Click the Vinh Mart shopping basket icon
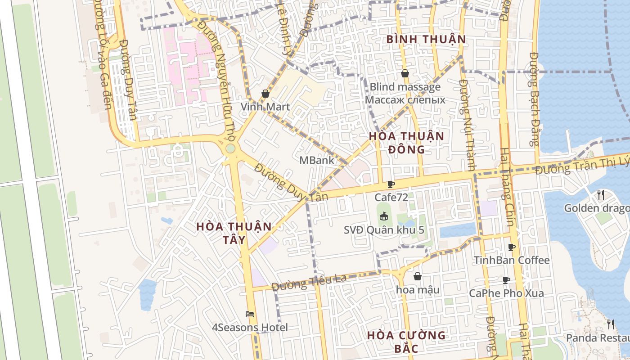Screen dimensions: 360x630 265,94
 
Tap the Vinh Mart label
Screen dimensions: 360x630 265,107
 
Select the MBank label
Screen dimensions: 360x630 317,160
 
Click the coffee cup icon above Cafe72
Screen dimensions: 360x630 391,184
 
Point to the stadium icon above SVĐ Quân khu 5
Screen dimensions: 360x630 383,217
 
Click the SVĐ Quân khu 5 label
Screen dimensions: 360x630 384,230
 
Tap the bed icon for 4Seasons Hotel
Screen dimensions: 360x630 250,314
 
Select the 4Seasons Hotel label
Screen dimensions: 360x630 250,327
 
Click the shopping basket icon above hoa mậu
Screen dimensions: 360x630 418,276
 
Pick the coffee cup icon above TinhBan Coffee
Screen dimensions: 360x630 511,247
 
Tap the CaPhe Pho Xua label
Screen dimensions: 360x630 506,293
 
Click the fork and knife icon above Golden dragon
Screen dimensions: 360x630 601,194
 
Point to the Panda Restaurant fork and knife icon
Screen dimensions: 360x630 611,324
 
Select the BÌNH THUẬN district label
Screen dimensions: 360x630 426,40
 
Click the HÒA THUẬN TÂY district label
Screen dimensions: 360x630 234,233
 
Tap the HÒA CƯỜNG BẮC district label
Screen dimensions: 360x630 406,342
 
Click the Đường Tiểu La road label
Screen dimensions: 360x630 309,282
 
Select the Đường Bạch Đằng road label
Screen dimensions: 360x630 534,99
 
